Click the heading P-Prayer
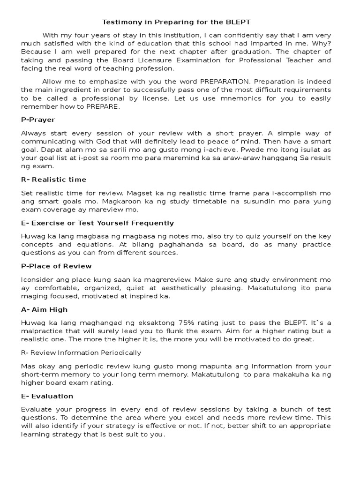38,120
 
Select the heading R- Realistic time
53,180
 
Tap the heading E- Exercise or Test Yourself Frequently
97,223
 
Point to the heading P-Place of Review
56,266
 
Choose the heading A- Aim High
45,309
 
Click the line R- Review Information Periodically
81,352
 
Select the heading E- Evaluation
47,396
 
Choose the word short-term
40,374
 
